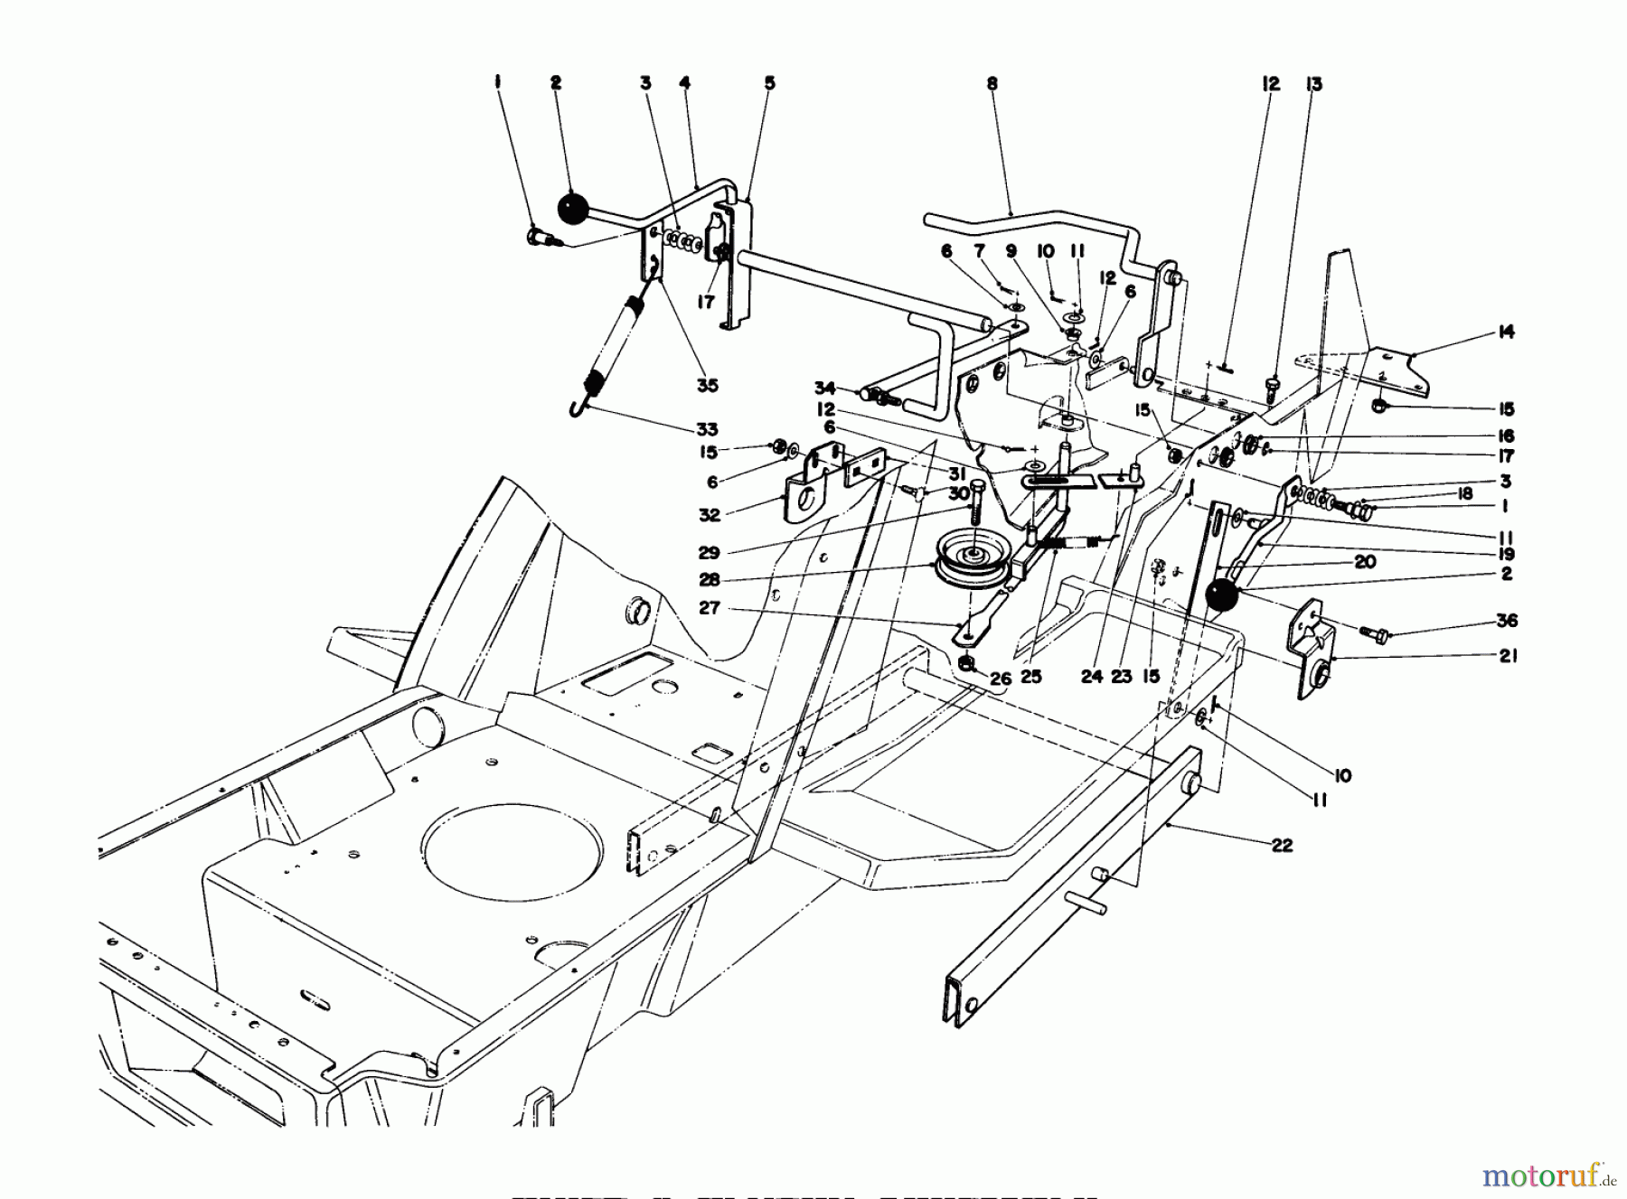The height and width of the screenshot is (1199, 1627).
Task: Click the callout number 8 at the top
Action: (x=992, y=83)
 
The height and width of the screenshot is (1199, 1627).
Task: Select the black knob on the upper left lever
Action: (x=571, y=210)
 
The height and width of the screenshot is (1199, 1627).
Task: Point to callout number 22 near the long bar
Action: (x=1282, y=846)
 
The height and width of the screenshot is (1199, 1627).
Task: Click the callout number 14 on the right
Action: (x=1505, y=333)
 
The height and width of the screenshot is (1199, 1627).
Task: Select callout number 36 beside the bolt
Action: (x=1506, y=622)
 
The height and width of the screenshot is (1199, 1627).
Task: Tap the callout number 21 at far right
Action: (x=1507, y=656)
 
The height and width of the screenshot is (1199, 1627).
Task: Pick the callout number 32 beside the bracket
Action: (x=710, y=515)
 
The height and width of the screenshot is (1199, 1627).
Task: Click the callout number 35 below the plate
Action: (x=707, y=386)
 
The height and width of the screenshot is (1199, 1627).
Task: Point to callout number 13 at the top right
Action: (x=1313, y=84)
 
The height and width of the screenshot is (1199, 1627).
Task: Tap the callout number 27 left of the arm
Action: (x=710, y=608)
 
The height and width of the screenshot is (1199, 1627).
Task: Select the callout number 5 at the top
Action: (x=769, y=83)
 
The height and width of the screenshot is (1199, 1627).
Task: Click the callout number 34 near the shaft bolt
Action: (x=823, y=389)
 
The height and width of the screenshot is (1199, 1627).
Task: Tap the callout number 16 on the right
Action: (x=1505, y=436)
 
